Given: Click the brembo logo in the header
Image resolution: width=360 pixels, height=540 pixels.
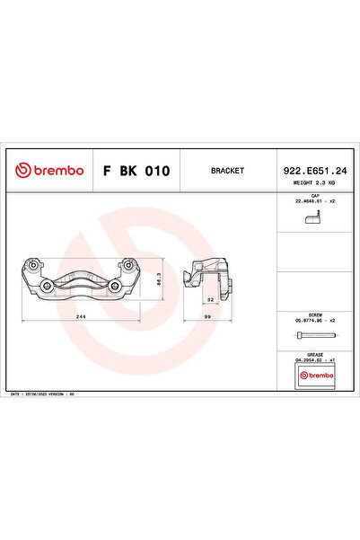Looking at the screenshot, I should coord(49,169).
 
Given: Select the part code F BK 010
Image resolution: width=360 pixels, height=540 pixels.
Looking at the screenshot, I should coord(136,169).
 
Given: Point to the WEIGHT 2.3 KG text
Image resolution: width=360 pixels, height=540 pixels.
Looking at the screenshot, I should coord(315,181).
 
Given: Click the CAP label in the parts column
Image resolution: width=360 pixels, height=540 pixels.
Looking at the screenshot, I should coord(315,195).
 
